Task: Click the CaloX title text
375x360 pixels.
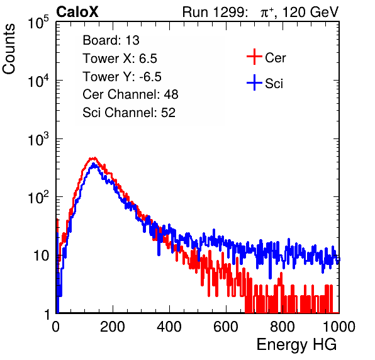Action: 77,12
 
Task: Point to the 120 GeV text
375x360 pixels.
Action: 310,12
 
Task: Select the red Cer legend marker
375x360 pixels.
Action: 254,57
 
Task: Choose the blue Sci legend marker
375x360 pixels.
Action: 254,82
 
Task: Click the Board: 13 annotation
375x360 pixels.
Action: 111,40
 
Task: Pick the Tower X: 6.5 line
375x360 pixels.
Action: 120,59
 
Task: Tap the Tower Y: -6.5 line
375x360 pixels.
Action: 122,77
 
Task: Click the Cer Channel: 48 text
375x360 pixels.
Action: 130,94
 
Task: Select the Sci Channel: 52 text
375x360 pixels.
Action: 129,113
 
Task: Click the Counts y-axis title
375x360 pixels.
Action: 9,49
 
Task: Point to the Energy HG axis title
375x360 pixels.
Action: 296,345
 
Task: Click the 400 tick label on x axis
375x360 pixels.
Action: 169,327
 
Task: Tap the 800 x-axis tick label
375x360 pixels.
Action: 283,327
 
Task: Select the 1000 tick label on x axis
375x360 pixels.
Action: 339,327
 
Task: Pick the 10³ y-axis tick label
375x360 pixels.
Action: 38,139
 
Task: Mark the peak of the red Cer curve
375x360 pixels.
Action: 95,157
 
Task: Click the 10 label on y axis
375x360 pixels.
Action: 42,256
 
